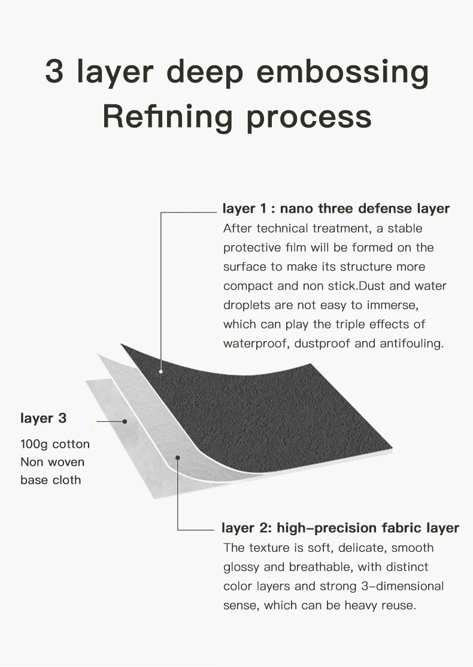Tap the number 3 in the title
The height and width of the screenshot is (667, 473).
(54, 71)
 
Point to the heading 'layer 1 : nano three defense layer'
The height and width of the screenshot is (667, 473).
(336, 209)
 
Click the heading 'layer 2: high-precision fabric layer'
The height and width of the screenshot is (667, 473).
(340, 528)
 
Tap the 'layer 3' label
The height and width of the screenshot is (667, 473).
(44, 418)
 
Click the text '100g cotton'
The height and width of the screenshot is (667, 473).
(55, 444)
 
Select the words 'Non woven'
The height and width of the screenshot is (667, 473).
(53, 462)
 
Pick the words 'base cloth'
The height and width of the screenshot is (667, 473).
(51, 480)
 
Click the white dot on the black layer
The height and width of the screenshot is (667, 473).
(161, 372)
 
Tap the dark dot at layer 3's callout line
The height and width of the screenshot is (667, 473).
(125, 421)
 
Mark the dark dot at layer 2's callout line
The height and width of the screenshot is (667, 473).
(178, 458)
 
